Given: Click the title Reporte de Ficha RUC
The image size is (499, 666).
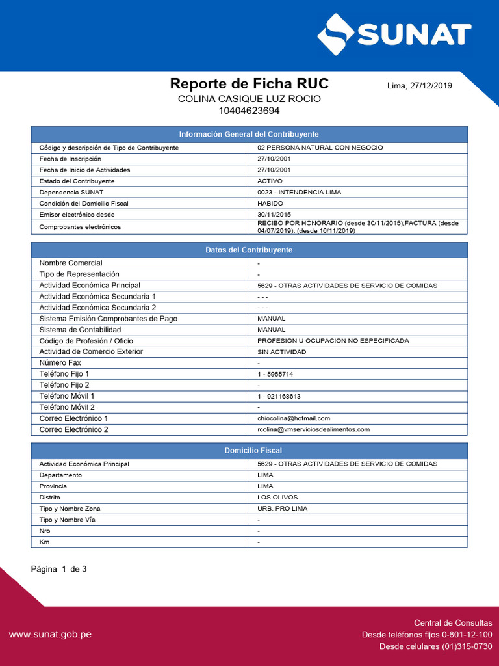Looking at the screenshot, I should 249,83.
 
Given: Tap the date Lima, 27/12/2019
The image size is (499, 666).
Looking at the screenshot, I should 420,85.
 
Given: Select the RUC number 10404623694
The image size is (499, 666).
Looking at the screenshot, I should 249,111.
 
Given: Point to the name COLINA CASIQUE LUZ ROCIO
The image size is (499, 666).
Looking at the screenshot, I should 249,98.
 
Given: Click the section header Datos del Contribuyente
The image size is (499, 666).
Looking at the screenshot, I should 249,250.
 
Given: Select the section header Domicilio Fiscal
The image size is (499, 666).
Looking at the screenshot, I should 249,450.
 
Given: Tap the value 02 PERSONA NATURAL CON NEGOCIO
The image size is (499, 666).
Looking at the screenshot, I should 320,148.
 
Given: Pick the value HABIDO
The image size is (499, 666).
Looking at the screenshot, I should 270,204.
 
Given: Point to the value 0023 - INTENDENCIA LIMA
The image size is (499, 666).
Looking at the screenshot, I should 300,193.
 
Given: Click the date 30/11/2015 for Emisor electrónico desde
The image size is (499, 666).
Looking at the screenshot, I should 274,215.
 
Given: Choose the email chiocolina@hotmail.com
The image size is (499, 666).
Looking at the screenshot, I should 294,418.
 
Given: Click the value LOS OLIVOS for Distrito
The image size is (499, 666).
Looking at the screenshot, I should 277,498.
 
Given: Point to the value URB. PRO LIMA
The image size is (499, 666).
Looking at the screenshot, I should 283,509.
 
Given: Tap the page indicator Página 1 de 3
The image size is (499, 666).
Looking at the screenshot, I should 59,569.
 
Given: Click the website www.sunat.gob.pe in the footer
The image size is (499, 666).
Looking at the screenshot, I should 50,634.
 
